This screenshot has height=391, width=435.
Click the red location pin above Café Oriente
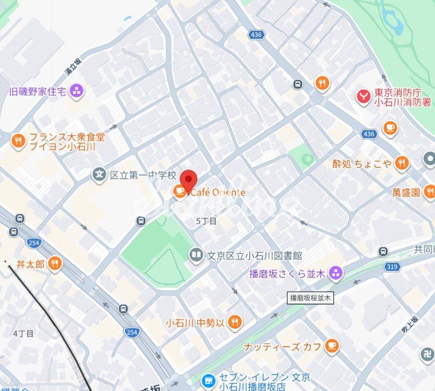tap(189, 180)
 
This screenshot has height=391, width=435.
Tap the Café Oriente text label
tap(217, 192)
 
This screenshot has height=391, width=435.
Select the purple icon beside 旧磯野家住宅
tap(77, 91)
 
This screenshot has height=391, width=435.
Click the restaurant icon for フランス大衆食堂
tap(19, 141)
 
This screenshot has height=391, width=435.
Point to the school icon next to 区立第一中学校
tap(99, 175)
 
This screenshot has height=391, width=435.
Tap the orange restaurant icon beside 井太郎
tap(54, 264)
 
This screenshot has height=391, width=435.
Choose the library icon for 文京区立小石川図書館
tap(196, 255)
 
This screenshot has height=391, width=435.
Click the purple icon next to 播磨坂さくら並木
tap(336, 272)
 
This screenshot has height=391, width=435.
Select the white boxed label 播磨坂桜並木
tap(310, 298)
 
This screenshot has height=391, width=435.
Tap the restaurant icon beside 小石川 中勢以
tap(235, 322)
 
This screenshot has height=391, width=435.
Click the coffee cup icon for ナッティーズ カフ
tap(331, 346)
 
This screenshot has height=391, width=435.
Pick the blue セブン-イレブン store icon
tap(208, 381)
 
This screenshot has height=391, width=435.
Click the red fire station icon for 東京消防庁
tap(363, 97)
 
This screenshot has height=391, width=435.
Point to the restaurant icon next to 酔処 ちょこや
tap(402, 163)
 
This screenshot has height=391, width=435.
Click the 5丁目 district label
tap(206, 221)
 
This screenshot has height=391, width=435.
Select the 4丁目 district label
tap(23, 333)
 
